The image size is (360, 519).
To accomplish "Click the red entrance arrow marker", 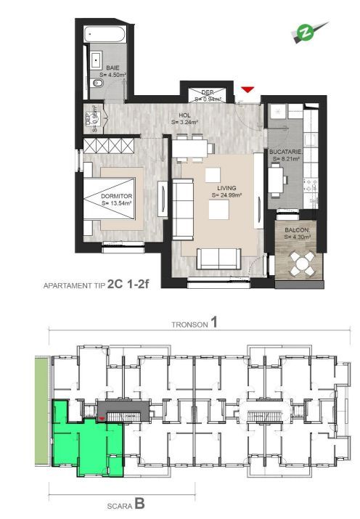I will [248, 89].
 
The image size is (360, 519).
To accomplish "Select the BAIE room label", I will [112, 68].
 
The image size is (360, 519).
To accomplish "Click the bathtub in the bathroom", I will [106, 35].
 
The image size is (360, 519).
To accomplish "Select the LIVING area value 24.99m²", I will [227, 195].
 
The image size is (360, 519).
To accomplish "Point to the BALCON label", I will [297, 230].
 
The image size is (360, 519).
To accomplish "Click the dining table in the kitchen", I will [277, 179].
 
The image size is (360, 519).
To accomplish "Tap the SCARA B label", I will [120, 500].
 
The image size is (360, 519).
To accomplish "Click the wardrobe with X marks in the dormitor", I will [107, 146].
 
